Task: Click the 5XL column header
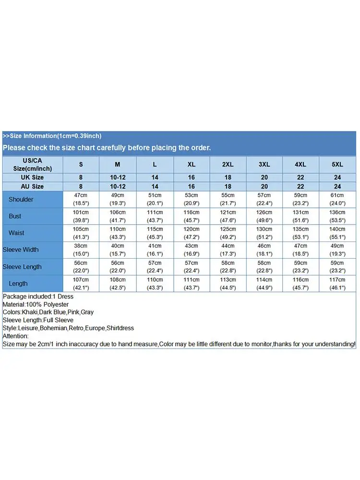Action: [337, 164]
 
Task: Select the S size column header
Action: [81, 164]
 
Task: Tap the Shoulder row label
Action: [21, 199]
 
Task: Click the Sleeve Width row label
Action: [21, 250]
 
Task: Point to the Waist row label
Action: [16, 233]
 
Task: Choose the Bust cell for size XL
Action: [191, 216]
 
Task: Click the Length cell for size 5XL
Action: [337, 283]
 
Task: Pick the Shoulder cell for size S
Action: [81, 199]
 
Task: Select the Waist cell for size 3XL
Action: [264, 233]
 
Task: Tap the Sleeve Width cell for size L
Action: [155, 250]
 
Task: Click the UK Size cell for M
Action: [118, 178]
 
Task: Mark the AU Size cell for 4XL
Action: [300, 186]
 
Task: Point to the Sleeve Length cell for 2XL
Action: [228, 266]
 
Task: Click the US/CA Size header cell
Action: [33, 164]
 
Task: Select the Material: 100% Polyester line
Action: [36, 304]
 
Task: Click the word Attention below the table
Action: [15, 336]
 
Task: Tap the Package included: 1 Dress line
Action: [38, 297]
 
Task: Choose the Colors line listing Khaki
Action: [48, 312]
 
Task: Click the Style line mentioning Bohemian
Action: [68, 328]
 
